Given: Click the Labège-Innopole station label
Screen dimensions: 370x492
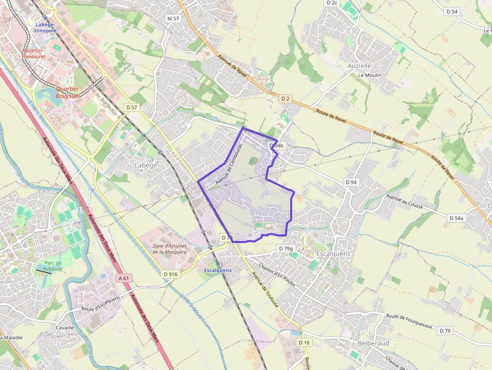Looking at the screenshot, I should click(45, 27).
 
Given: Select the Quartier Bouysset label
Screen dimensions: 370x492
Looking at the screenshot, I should click(67, 92).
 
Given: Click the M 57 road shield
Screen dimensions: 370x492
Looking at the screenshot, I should click(173, 19).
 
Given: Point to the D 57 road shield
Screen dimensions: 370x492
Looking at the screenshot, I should click(132, 107).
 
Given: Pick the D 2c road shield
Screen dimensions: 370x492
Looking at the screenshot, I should click(332, 3).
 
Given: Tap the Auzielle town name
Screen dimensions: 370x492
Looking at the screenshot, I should click(359, 66).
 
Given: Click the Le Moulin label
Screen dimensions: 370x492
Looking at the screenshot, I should click(370, 75).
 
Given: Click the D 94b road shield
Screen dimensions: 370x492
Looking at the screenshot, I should click(277, 146).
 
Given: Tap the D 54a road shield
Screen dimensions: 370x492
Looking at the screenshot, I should click(456, 218).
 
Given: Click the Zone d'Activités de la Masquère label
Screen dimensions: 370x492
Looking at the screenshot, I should click(169, 249).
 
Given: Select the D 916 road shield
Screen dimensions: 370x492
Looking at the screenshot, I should click(171, 274).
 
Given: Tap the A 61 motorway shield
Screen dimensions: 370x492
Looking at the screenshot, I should click(124, 278).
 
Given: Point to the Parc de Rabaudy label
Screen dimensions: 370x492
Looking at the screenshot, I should click(53, 266).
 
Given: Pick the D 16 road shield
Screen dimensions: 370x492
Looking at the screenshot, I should click(304, 342).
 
